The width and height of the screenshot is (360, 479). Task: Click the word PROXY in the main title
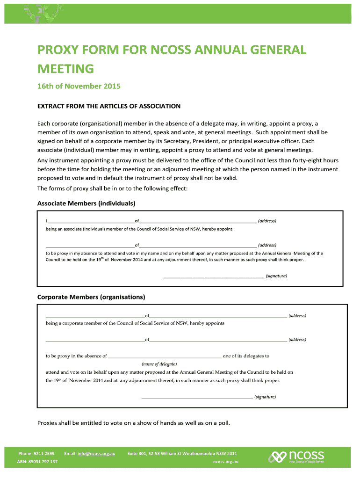[55, 50]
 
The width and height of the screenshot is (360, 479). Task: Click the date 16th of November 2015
[79, 86]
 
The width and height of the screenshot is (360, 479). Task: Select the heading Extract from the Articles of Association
[108, 106]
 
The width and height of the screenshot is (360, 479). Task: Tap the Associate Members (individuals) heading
[86, 203]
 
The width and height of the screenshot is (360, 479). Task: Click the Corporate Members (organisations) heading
[91, 297]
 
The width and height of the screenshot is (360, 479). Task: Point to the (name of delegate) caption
[159, 364]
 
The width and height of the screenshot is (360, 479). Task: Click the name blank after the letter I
[91, 221]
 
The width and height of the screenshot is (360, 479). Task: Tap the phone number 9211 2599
[43, 453]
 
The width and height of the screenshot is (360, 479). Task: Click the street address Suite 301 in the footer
[182, 453]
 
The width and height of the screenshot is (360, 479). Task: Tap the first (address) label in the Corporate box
[297, 316]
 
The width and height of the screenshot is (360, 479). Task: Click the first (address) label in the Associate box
[267, 221]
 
